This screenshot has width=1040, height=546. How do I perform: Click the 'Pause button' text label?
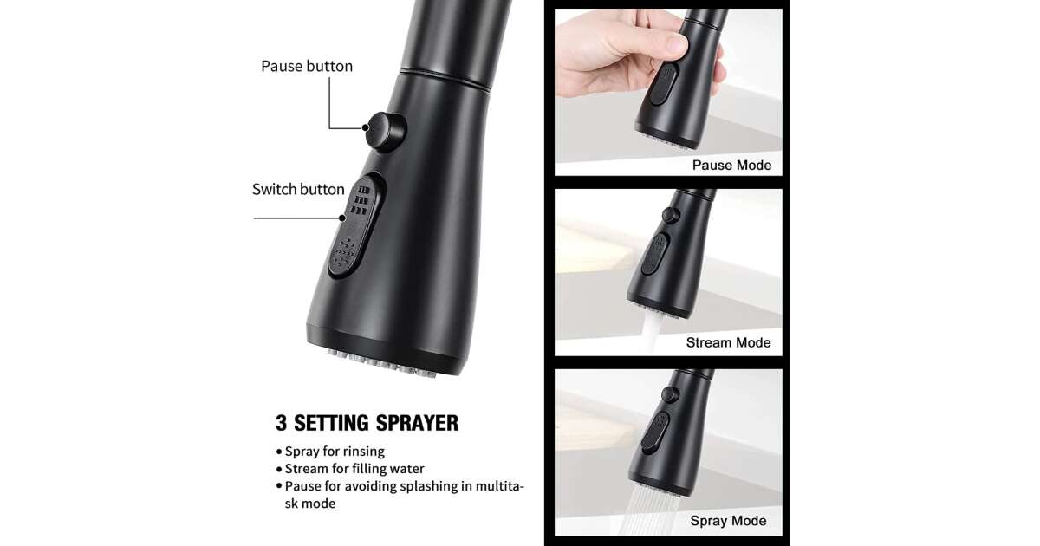click(x=307, y=67)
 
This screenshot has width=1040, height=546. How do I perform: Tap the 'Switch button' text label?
click(x=298, y=190)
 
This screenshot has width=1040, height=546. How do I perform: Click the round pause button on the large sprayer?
click(x=385, y=132)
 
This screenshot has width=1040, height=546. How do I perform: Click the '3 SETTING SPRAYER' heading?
click(x=367, y=423)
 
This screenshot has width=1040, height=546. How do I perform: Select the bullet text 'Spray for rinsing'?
click(x=335, y=452)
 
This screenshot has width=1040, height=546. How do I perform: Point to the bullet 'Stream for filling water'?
click(x=354, y=469)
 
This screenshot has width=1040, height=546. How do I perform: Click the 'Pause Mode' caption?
click(x=731, y=165)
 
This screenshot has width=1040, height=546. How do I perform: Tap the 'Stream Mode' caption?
click(x=729, y=342)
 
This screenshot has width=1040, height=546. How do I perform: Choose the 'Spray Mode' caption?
click(x=728, y=521)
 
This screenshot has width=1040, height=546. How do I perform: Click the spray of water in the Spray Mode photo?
click(x=649, y=510)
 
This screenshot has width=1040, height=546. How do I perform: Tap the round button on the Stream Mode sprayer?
click(x=671, y=215)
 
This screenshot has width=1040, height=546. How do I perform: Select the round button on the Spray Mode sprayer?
click(x=670, y=394)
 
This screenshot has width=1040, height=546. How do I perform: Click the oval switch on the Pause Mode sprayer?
click(x=664, y=84)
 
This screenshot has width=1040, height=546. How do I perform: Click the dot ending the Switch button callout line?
click(x=342, y=218)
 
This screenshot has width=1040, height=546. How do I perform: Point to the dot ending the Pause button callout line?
click(x=366, y=127)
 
